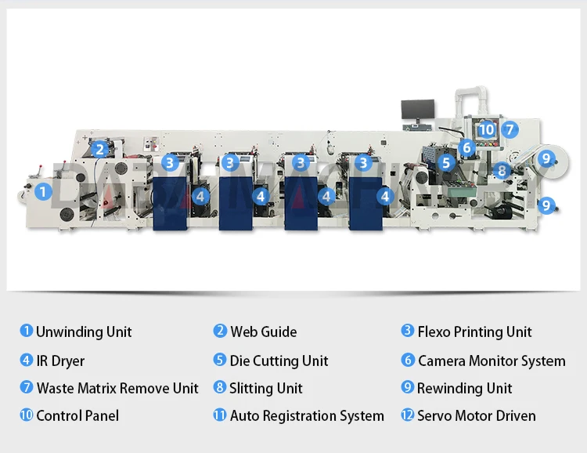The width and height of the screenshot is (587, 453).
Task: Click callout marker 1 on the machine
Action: click(44, 190)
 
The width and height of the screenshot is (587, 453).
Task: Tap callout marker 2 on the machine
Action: click(99, 149)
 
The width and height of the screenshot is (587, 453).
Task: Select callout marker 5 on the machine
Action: click(445, 163)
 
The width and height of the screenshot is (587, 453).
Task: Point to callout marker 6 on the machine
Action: click(466, 147)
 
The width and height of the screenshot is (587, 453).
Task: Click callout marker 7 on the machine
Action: click(509, 129)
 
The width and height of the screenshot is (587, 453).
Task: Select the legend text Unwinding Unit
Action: click(84, 332)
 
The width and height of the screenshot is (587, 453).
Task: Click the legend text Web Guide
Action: click(264, 332)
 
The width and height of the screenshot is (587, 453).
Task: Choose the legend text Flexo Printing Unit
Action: click(474, 332)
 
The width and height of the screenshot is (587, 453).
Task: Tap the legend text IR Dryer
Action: click(60, 361)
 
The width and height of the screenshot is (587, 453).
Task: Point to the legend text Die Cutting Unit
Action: click(279, 361)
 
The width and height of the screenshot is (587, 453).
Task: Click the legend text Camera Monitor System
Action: click(492, 361)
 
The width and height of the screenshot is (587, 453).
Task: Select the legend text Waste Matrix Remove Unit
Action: click(117, 389)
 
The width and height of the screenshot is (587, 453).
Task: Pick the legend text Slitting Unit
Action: click(265, 389)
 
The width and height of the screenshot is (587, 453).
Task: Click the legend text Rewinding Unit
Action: click(465, 389)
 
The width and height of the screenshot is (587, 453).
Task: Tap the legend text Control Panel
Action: click(77, 416)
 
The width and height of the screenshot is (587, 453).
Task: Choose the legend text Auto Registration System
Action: click(307, 416)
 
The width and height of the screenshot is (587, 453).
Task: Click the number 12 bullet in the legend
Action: click(407, 415)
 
